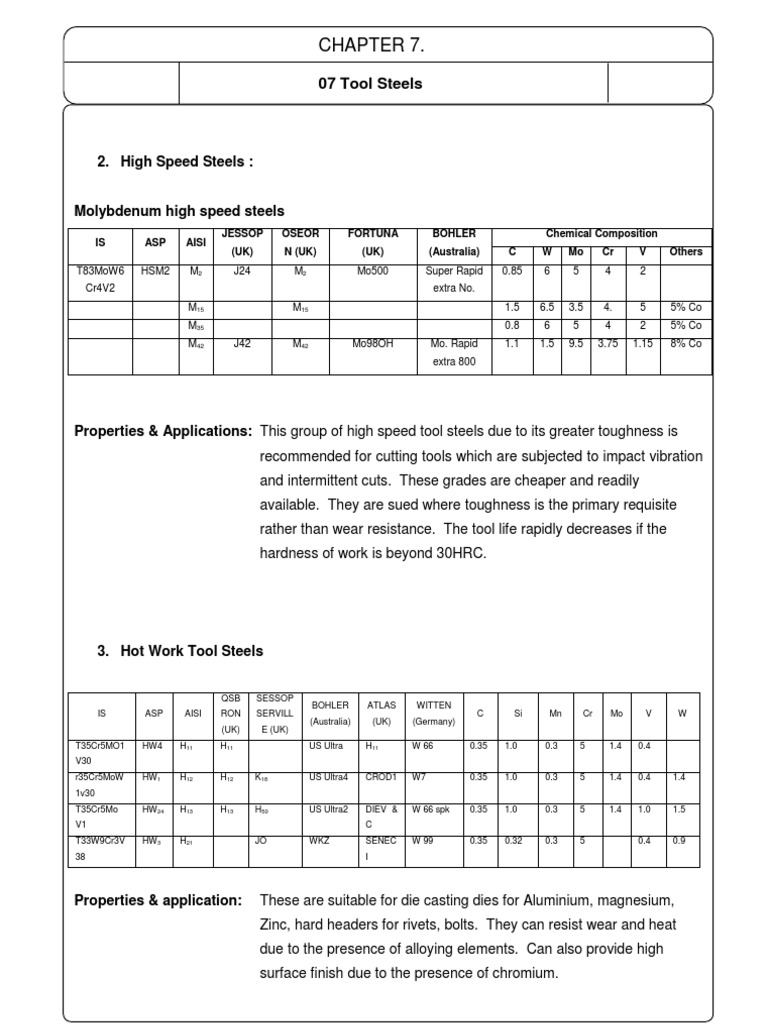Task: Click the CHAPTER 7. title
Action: pos(384,46)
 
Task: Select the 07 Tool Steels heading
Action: pos(369,83)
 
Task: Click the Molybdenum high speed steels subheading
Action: pos(179,211)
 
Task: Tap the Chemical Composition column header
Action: pos(601,234)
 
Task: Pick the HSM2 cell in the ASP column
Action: pos(155,270)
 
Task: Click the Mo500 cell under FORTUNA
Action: pos(372,270)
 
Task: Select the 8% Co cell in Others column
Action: pos(685,343)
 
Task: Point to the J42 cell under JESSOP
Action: pos(242,343)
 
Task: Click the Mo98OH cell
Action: pos(372,343)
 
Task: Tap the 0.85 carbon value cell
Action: pos(512,270)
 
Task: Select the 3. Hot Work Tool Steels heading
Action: pos(180,651)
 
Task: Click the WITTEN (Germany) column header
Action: pos(434,713)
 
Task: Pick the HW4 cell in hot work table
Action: pos(153,746)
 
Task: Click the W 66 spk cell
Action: pos(432,809)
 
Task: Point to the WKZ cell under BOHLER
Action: pos(321,841)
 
